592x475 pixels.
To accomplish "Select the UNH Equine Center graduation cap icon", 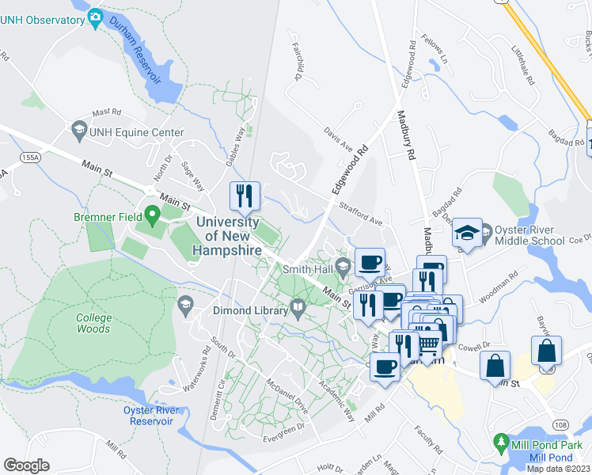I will pos(79,128).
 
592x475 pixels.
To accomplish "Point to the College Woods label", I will pos(94,323).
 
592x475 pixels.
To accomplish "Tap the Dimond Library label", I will pos(249,310).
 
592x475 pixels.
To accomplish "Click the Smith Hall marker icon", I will pos(343,267).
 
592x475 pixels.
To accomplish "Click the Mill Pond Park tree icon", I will pos(500,439).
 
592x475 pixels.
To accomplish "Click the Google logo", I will pos(26,465).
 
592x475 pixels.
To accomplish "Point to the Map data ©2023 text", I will pos(558,469).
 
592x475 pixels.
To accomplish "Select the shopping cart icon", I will pos(428,344).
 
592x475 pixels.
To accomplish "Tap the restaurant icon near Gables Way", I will pos(245,195).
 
